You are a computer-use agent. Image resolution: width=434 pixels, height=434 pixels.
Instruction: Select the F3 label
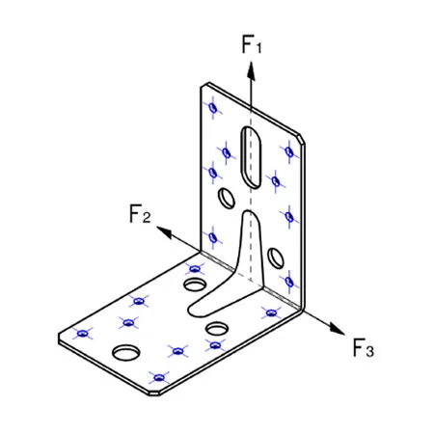pyautogui.click(x=362, y=347)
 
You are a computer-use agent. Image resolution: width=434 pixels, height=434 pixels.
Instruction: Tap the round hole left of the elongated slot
pyautogui.click(x=228, y=199)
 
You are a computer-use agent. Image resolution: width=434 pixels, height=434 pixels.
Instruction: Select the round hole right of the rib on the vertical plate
pyautogui.click(x=277, y=258)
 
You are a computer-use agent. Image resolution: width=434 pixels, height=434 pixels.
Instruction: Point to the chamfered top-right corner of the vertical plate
pyautogui.click(x=303, y=138)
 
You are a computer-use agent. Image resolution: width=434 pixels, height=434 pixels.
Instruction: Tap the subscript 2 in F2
pyautogui.click(x=147, y=218)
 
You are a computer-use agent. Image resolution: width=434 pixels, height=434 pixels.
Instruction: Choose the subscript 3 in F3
pyautogui.click(x=369, y=352)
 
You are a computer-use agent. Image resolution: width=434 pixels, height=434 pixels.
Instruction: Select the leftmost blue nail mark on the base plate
pyautogui.click(x=83, y=334)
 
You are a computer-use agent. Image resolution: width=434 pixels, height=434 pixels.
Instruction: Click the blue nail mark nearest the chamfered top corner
pyautogui.click(x=287, y=149)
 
